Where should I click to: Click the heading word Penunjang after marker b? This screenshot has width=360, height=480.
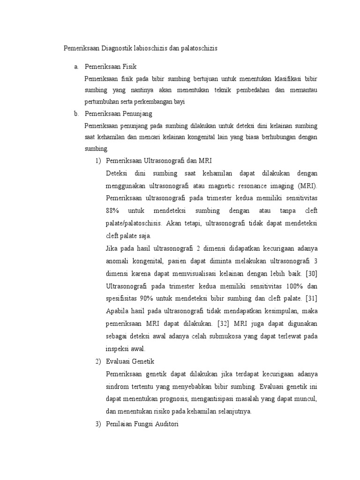pyautogui.click(x=136, y=113)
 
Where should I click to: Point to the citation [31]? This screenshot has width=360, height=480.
pyautogui.click(x=310, y=299)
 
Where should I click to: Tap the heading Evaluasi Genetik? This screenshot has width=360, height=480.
pyautogui.click(x=130, y=361)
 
